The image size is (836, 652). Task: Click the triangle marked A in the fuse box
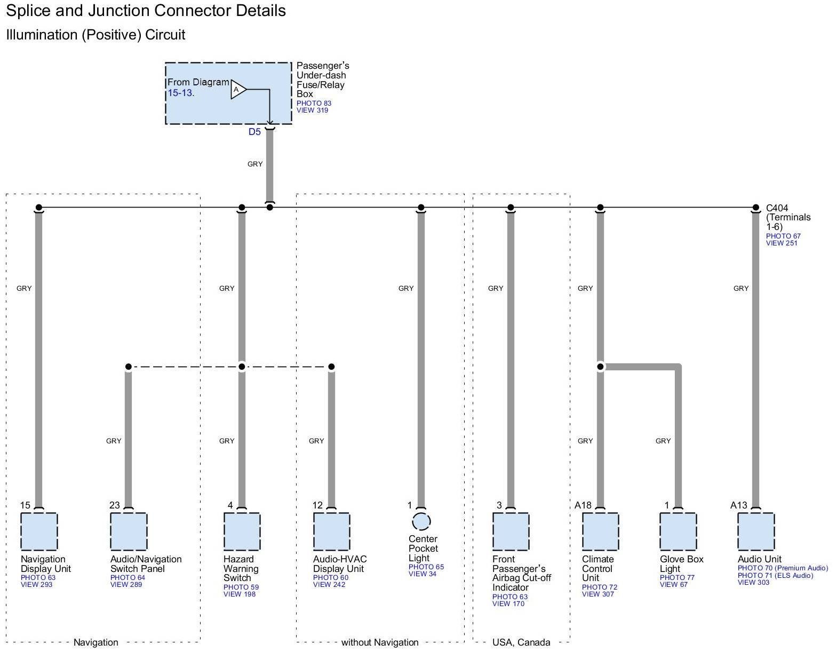(x=237, y=90)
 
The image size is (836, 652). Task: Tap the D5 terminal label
(x=254, y=132)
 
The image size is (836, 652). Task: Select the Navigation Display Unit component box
(x=39, y=531)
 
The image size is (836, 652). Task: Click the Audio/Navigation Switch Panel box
(x=129, y=531)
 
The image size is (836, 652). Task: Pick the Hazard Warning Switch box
(x=242, y=531)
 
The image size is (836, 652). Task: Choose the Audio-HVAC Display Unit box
(x=331, y=531)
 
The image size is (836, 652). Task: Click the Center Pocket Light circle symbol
(x=421, y=522)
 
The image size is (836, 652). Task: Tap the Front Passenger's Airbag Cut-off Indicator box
(x=511, y=531)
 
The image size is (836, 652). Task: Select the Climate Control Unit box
(x=600, y=531)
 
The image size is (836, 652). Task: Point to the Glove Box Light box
(x=678, y=531)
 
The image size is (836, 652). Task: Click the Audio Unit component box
(x=756, y=531)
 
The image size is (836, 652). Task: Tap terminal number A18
(x=583, y=505)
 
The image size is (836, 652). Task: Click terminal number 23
(x=115, y=505)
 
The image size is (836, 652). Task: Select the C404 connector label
(x=777, y=208)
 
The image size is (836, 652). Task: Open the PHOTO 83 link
(x=314, y=103)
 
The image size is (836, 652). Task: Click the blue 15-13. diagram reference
(x=181, y=93)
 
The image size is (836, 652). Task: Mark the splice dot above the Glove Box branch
(x=600, y=367)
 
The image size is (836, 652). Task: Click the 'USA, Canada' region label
(x=521, y=642)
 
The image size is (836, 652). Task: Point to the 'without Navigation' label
(x=380, y=642)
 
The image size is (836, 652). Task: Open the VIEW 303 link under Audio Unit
(x=753, y=583)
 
